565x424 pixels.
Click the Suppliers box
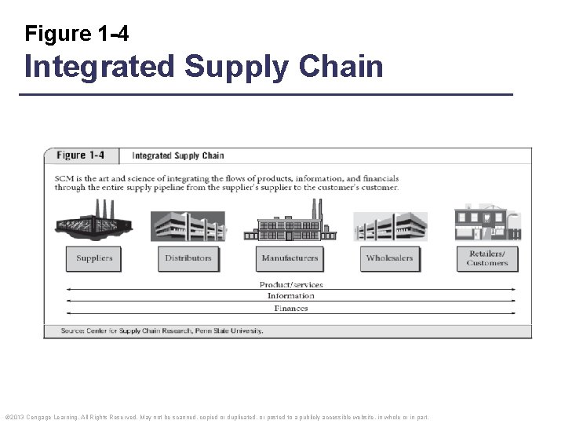point(94,258)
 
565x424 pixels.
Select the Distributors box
point(188,258)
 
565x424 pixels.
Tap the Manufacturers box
point(290,258)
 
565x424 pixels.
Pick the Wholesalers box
point(389,258)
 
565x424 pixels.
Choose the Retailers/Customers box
point(487,258)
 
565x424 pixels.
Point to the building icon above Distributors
point(188,225)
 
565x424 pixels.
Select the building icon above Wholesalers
point(390,226)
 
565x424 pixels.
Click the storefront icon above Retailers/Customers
point(487,222)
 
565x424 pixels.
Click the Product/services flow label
point(291,284)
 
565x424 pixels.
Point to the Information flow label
point(291,296)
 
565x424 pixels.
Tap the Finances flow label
point(291,309)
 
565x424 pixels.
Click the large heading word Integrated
point(100,67)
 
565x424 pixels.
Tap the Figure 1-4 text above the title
point(77,34)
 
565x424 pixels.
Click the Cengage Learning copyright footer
point(217,417)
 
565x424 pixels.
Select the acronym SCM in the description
point(64,178)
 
